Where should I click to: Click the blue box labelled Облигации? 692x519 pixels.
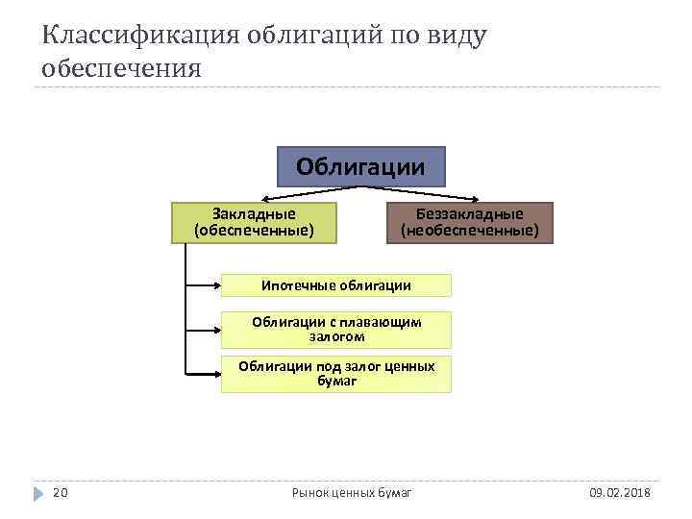click(360, 166)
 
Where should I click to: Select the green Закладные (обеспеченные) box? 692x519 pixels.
click(254, 223)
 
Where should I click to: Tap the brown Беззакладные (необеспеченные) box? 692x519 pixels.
click(469, 223)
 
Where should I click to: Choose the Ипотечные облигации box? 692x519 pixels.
click(335, 285)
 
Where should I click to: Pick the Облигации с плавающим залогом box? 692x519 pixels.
click(335, 330)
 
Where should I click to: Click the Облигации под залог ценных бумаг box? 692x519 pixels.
click(335, 374)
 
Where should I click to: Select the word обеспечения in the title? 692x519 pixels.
click(122, 69)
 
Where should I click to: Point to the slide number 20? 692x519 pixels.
click(60, 493)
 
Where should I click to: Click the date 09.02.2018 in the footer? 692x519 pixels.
click(619, 493)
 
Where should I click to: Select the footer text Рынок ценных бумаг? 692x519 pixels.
click(351, 493)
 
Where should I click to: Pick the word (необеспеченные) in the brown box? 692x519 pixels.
click(469, 231)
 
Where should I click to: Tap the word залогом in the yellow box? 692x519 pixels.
click(335, 337)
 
